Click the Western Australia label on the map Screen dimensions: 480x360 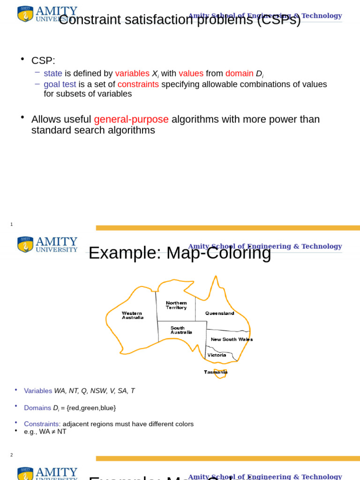click(133, 315)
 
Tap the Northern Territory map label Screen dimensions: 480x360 click(176, 305)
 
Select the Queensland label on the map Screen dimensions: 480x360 click(219, 313)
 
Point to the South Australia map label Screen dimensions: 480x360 click(181, 330)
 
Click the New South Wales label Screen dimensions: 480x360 click(232, 339)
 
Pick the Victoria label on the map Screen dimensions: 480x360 click(217, 355)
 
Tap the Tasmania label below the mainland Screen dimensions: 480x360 click(216, 372)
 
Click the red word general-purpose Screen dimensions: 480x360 click(131, 120)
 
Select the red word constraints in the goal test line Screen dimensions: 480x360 click(138, 84)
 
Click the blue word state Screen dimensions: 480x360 click(53, 74)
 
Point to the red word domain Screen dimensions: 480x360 click(239, 74)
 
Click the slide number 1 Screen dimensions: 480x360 click(12, 225)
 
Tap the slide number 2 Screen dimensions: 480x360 click(12, 455)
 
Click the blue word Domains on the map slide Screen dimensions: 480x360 click(37, 408)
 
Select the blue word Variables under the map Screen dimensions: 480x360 click(38, 391)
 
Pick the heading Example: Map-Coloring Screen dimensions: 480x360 click(180, 253)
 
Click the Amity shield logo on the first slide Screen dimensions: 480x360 click(25, 14)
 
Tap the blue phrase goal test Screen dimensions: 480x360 click(60, 84)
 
